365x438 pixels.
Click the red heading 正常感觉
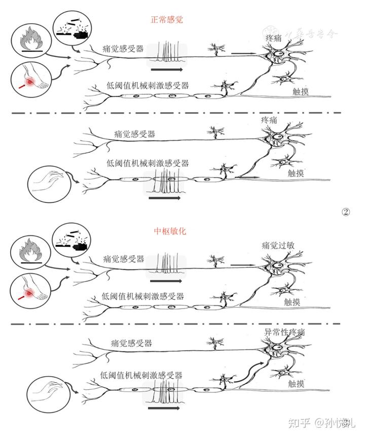(167, 20)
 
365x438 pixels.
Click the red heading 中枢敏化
(170, 231)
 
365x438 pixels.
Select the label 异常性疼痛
(285, 332)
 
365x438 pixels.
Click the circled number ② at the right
(347, 212)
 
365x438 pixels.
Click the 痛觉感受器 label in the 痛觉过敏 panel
(123, 258)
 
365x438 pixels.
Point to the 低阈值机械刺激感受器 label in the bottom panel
(142, 376)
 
